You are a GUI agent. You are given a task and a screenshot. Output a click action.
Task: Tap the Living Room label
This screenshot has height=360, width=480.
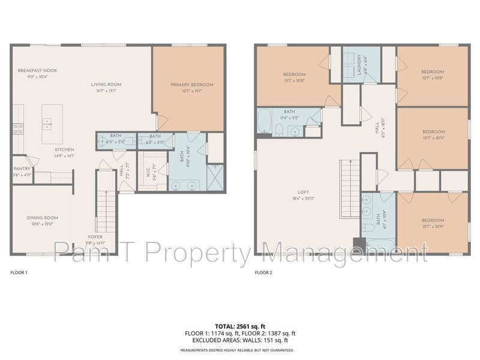106,84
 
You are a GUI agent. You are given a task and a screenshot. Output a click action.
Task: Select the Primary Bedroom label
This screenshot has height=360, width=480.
191,85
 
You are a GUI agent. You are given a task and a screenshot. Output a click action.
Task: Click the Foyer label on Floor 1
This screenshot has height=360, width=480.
95,236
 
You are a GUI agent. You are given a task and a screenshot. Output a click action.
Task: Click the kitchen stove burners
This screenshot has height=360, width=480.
19,128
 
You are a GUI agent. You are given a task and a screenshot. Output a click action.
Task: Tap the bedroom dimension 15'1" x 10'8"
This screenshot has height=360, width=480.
295,80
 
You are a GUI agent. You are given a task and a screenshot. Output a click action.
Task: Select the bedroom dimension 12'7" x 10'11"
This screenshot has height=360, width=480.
433,137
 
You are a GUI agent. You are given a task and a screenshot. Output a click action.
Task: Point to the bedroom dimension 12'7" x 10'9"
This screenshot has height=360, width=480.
433,226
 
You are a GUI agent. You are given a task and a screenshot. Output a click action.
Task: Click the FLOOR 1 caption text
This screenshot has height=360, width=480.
19,272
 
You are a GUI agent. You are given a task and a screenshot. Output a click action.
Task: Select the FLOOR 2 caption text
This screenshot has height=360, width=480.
263,272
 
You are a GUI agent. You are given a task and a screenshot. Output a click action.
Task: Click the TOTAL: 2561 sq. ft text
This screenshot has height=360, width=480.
239,325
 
